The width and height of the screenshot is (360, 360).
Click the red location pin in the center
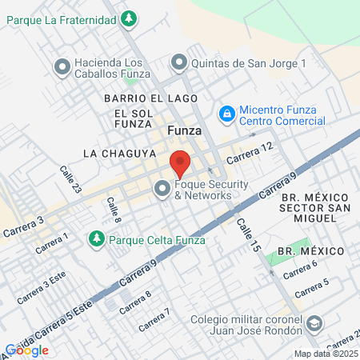click(180, 162)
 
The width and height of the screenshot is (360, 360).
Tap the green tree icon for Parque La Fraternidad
click(130, 18)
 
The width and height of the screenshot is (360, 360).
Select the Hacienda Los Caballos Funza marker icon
click(60, 66)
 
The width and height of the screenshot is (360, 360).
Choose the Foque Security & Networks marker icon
click(163, 190)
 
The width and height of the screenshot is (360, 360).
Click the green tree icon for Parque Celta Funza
click(97, 238)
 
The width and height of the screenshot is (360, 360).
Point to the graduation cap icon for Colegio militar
click(314, 323)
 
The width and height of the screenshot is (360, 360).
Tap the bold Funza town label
click(183, 130)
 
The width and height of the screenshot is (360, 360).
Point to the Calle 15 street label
click(249, 238)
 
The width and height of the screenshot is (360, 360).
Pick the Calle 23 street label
click(70, 178)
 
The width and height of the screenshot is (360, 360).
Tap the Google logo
click(26, 350)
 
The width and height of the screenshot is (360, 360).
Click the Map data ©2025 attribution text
click(326, 354)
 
